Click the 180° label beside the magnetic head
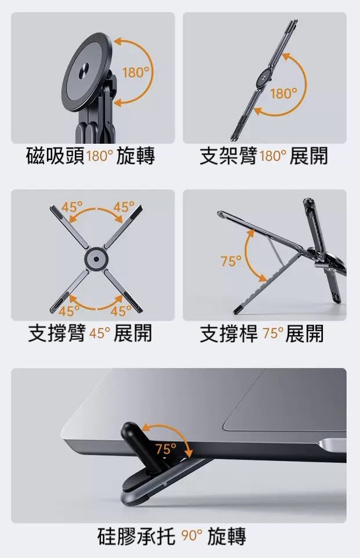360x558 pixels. pos(135,73)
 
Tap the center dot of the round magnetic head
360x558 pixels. pos(85,68)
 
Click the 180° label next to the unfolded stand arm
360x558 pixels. pos(283,93)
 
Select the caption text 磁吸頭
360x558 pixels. pos(56,156)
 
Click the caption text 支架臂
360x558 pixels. pos(228,156)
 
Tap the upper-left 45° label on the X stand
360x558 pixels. pos(71,206)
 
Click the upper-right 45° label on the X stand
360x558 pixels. pos(123,206)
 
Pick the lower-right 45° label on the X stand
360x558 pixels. pos(120,311)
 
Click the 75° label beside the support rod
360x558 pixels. pos(231,261)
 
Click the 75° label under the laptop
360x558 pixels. pos(166,450)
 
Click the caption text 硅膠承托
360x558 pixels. pos(136,535)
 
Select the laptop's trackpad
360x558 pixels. pos(285,400)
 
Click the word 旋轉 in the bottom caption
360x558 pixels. pos(227,535)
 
